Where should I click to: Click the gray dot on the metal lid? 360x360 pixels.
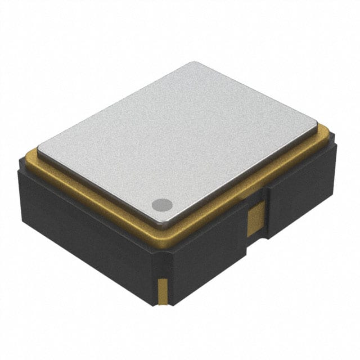(162, 205)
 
